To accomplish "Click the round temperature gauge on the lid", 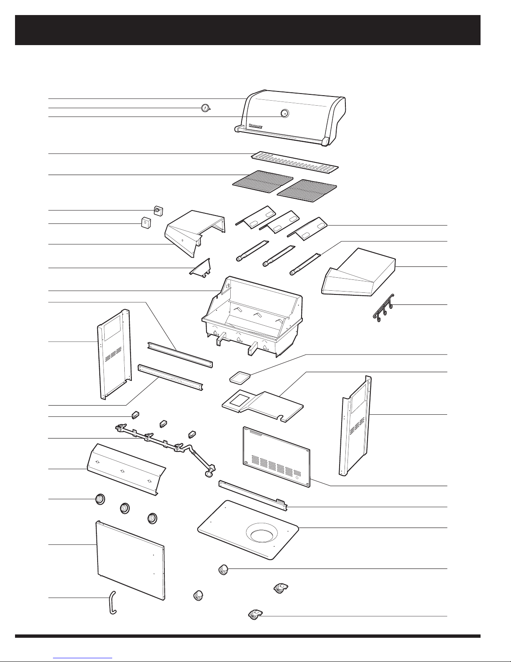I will click(x=284, y=113).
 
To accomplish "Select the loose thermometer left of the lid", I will click(x=204, y=108).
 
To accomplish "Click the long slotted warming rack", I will click(x=295, y=162).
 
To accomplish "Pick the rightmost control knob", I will click(x=153, y=518).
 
